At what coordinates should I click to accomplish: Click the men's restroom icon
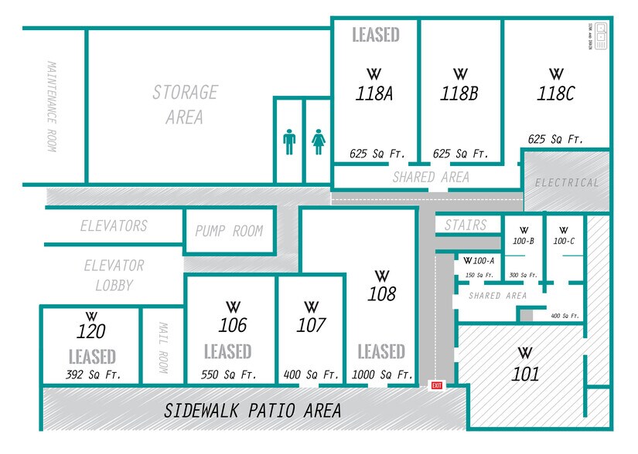click(289, 141)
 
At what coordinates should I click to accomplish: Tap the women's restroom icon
click(318, 141)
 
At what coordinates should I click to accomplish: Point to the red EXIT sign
click(437, 385)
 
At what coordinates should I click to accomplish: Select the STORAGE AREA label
click(184, 105)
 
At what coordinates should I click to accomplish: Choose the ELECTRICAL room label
click(567, 183)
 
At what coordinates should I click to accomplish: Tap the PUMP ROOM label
click(229, 231)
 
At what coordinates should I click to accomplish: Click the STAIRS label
click(466, 225)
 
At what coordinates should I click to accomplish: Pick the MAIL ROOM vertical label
click(163, 347)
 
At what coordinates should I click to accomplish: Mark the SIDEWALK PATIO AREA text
click(252, 411)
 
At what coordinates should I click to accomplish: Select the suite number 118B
click(459, 94)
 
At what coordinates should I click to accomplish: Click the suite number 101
click(525, 374)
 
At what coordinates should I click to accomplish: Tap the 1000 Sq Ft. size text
click(381, 374)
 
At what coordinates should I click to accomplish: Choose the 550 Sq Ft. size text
click(228, 375)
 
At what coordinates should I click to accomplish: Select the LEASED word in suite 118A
click(376, 35)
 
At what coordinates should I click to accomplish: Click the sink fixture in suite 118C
click(600, 36)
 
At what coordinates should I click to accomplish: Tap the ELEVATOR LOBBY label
click(114, 276)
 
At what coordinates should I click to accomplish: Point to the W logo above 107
click(312, 307)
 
